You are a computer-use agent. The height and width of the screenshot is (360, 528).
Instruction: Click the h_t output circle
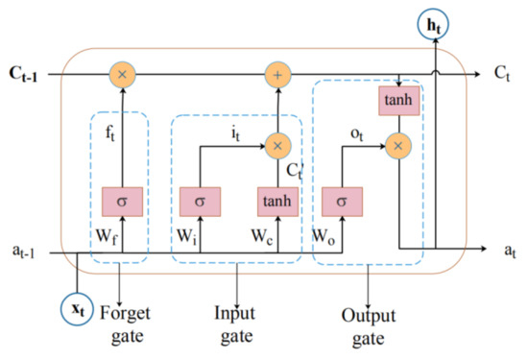tap(436, 24)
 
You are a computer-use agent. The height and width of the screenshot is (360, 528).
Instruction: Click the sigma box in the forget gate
tap(122, 203)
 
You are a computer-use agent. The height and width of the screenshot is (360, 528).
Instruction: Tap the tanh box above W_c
tap(278, 203)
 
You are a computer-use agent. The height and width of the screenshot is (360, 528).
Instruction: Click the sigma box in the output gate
tap(343, 203)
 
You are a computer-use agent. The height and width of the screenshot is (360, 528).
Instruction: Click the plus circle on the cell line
tap(278, 72)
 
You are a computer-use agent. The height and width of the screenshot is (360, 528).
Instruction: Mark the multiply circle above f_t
tap(122, 72)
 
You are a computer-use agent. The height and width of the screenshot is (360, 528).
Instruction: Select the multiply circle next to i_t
tap(278, 146)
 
